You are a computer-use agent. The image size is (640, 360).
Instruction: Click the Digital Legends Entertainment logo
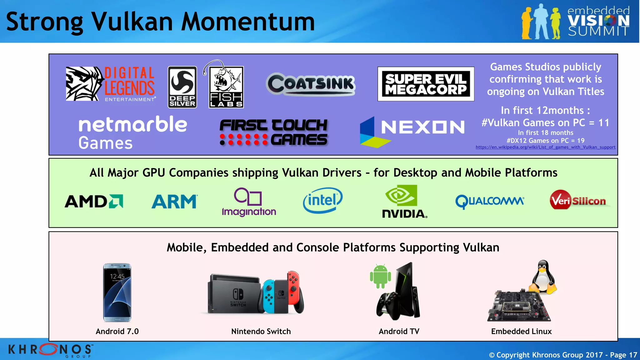pos(110,84)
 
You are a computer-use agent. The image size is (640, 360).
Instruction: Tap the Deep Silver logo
pos(182,87)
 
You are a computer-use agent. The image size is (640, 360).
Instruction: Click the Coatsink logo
pos(311,84)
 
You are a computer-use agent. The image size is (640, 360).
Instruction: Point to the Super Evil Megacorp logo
pos(426,84)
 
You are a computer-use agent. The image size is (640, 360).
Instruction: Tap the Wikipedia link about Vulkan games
pos(545,147)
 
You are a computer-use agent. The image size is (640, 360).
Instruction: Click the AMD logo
pos(94,201)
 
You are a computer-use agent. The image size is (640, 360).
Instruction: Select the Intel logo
pos(322,200)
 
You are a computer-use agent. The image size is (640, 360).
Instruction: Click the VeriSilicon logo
pos(578,200)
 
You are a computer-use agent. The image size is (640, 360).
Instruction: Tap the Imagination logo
pos(249,202)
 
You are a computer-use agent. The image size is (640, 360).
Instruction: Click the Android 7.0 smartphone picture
pos(117,292)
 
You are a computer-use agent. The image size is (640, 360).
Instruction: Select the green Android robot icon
pos(380,276)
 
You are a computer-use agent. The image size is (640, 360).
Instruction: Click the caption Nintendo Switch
pos(261,331)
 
